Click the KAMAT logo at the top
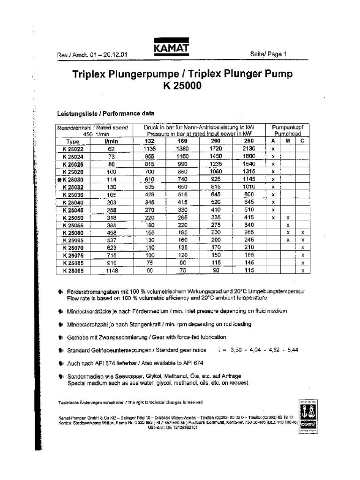pos(170,49)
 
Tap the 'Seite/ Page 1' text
pos(268,54)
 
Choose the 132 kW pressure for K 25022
pos(149,149)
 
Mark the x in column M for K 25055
pos(288,225)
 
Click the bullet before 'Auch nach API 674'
pos(61,363)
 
